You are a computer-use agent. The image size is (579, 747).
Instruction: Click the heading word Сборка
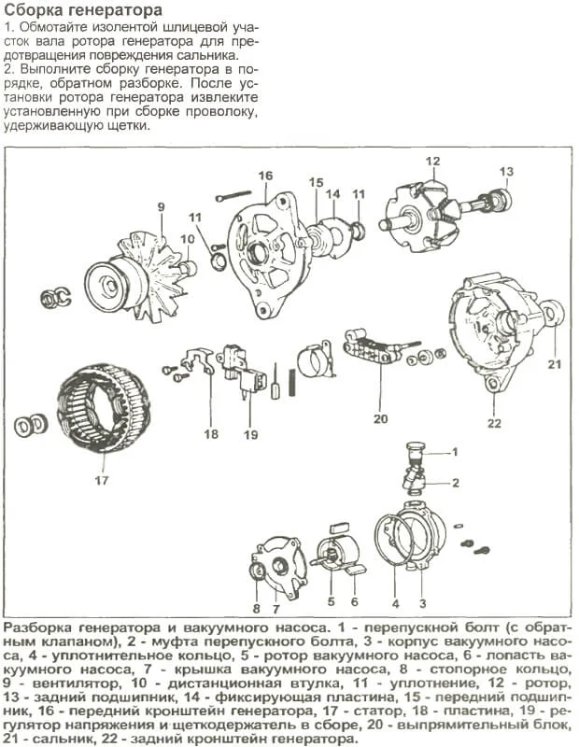point(35,10)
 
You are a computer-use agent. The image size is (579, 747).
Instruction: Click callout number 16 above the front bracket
point(265,176)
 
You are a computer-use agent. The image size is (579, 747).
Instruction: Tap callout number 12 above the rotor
point(432,162)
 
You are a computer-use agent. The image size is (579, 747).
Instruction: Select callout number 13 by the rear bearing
point(506,172)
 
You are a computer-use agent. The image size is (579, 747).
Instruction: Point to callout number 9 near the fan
point(161,206)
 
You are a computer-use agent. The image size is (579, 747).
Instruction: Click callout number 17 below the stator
point(101,481)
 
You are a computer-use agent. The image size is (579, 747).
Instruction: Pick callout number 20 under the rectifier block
point(380,418)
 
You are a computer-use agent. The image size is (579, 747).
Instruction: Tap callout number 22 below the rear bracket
point(494,423)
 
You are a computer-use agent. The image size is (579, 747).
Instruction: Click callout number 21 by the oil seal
point(554,363)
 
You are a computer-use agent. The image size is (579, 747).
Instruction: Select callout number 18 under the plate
point(211,433)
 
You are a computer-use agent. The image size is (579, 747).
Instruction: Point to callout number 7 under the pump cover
point(276,609)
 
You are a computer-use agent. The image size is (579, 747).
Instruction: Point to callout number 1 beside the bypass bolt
point(455,452)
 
